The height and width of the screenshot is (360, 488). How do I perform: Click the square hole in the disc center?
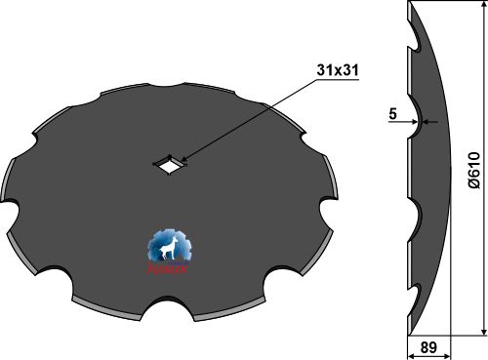point(172,165)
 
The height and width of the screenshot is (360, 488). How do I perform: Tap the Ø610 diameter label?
point(473,169)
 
